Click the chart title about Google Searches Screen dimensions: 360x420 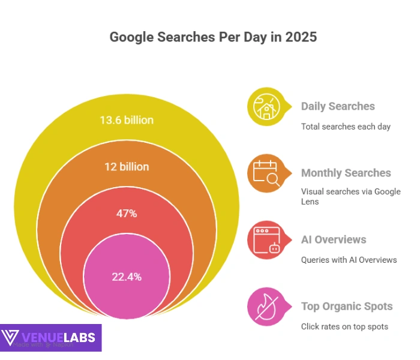(x=213, y=37)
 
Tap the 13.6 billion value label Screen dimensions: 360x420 (x=127, y=120)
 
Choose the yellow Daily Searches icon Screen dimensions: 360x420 (x=265, y=106)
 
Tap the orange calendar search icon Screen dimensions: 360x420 (x=265, y=173)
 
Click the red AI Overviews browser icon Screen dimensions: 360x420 (x=265, y=239)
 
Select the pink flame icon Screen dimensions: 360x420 (x=265, y=306)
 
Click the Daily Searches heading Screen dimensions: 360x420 (x=338, y=106)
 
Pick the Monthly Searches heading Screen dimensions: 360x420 (x=346, y=173)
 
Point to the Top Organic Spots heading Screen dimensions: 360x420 (x=347, y=306)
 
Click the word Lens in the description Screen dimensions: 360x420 (x=310, y=202)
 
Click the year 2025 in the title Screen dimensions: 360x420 (x=301, y=37)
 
